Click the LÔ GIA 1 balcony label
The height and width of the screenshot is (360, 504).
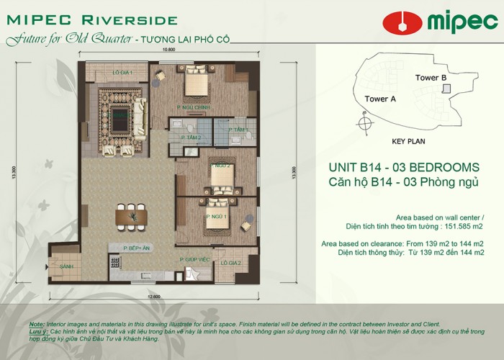(x=120, y=73)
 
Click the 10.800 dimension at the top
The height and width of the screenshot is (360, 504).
(x=170, y=50)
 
